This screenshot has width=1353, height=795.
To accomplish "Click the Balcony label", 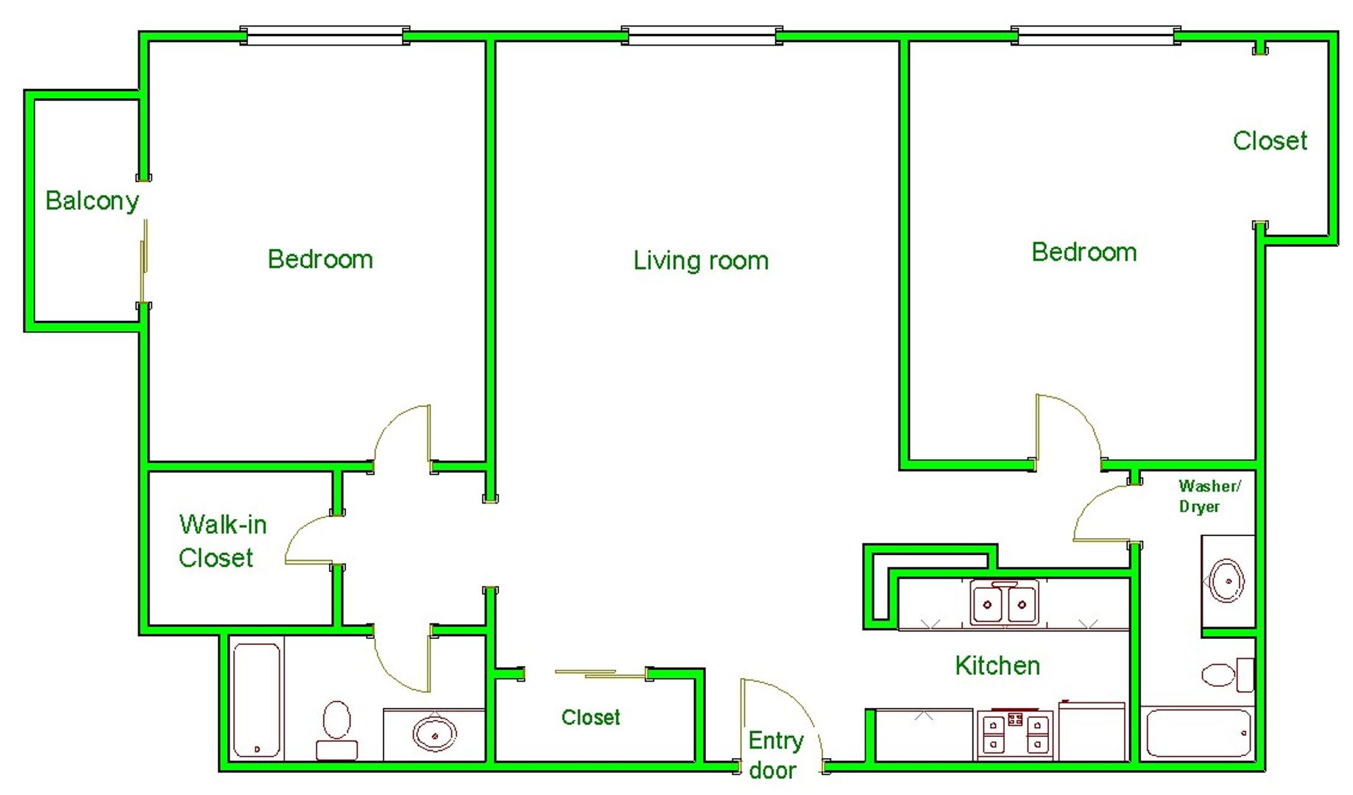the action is coord(92,201).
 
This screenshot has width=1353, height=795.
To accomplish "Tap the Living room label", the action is coord(701,260).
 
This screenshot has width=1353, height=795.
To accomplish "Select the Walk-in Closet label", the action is coord(222,541).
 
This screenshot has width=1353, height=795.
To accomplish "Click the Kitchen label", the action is coord(997,665).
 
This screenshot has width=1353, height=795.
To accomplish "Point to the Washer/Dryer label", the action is coord(1209,496).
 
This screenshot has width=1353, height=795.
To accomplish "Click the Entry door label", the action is coord(775,755).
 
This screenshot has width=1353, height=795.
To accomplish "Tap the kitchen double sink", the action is coord(1004,604).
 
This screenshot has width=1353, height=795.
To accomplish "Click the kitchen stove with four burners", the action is coord(1015,734).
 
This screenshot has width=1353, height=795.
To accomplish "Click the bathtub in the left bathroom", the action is coord(257,700).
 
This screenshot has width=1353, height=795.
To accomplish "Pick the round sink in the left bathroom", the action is coord(434,733).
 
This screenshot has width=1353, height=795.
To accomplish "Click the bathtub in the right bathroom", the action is coord(1199,732).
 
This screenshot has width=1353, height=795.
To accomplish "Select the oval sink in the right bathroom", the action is coord(1227,581).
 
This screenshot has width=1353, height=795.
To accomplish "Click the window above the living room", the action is coord(702,35).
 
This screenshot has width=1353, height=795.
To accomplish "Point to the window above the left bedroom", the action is coord(325,35).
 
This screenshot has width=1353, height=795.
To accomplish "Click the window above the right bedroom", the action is coord(1095,35).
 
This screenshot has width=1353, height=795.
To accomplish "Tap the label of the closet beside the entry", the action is coord(590,717).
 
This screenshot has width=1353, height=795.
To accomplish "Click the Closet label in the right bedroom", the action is coord(1270,141).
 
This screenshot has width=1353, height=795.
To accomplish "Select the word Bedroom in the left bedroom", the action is coord(320,259).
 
